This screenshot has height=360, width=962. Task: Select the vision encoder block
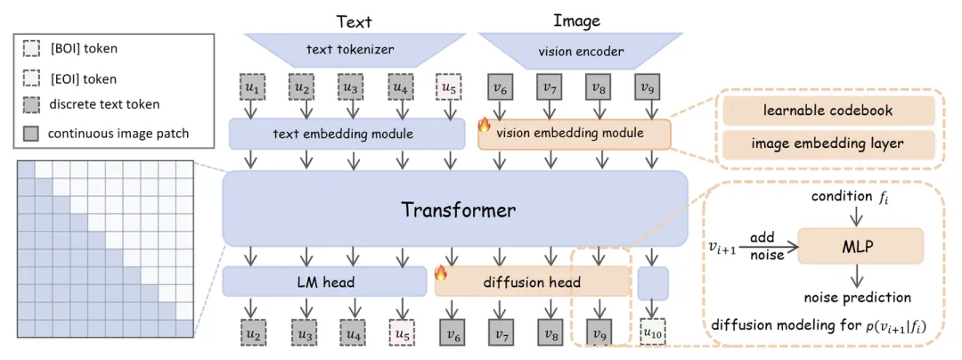[580, 51]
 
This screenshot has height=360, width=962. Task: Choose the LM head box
[324, 282]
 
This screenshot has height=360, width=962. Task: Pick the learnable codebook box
[828, 110]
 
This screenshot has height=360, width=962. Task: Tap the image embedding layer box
[828, 144]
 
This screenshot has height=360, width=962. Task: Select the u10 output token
[653, 333]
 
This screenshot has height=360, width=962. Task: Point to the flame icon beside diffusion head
[440, 274]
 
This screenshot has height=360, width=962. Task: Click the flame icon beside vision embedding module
[486, 126]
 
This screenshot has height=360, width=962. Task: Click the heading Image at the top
[576, 20]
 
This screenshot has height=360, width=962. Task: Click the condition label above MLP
[842, 194]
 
